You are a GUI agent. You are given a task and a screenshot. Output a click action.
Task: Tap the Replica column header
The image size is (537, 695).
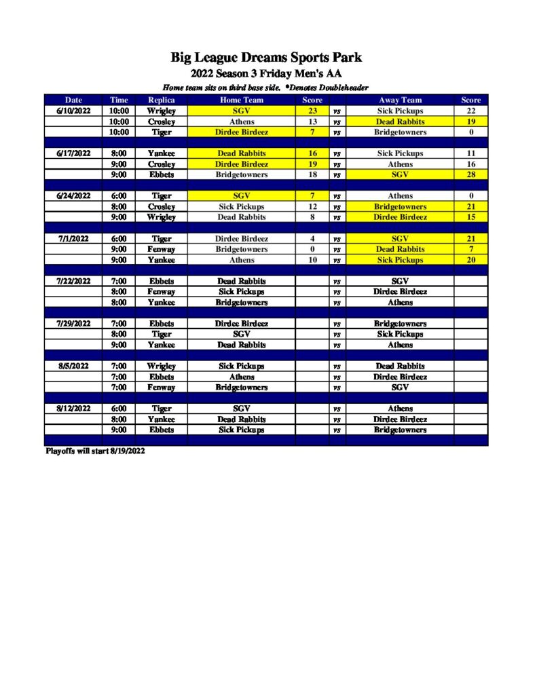pyautogui.click(x=162, y=100)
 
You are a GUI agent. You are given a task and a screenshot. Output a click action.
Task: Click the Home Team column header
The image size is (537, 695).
pyautogui.click(x=242, y=100)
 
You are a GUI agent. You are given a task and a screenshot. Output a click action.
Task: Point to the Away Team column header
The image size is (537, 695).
pyautogui.click(x=400, y=100)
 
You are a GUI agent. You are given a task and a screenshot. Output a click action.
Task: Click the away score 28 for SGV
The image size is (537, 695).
pyautogui.click(x=470, y=174)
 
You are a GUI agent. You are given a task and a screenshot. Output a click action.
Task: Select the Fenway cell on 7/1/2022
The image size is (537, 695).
pyautogui.click(x=162, y=249)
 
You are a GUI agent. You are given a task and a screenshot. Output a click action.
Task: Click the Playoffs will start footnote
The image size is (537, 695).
pyautogui.click(x=95, y=451)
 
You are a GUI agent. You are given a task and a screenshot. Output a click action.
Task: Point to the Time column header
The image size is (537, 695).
pyautogui.click(x=119, y=100)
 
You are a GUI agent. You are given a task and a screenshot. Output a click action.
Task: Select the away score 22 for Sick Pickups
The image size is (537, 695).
pyautogui.click(x=470, y=111)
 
